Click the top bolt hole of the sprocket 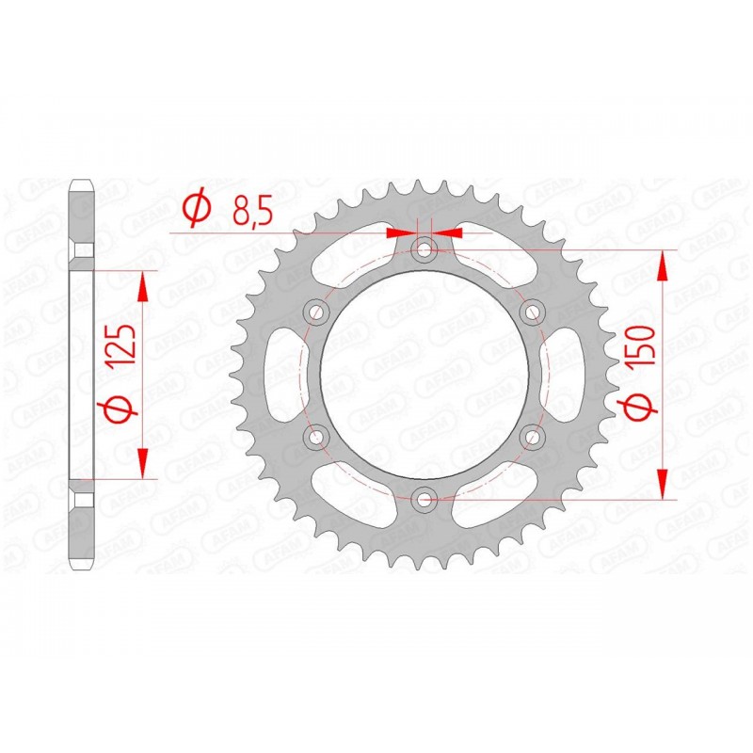(425, 250)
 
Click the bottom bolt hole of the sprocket (425, 498)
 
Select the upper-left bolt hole (316, 312)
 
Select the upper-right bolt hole (532, 312)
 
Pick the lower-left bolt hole (316, 436)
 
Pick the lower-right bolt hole (532, 436)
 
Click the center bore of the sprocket (425, 374)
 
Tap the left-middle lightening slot (281, 374)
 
